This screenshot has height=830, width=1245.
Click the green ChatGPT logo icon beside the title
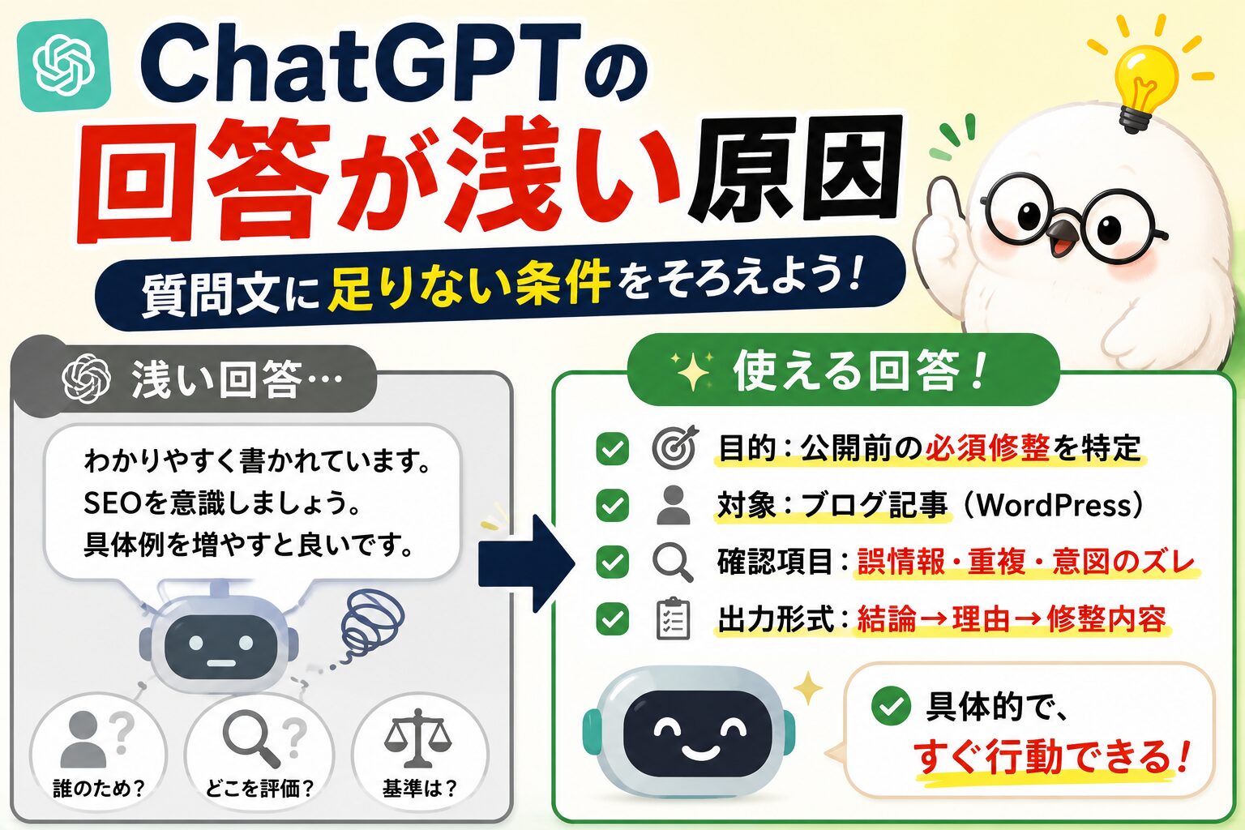click(x=65, y=66)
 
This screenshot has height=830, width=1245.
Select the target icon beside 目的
click(x=674, y=447)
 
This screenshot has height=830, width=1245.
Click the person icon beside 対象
click(x=674, y=505)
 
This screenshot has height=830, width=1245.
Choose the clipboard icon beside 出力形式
click(x=673, y=618)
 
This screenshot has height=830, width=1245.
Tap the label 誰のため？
click(x=99, y=788)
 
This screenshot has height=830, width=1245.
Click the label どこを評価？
click(x=259, y=788)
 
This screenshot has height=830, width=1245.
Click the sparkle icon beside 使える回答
click(x=691, y=370)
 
